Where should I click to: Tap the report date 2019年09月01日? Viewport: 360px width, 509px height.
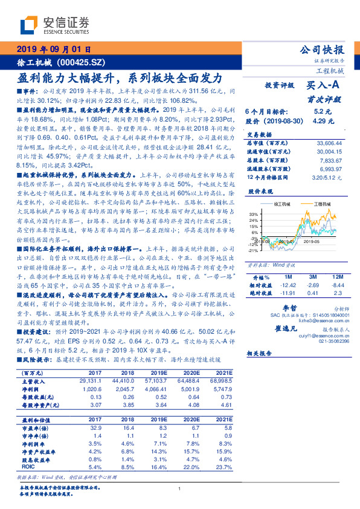[53, 50]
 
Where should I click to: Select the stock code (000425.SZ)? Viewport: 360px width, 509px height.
[84, 62]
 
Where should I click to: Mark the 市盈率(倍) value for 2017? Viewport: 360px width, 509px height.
[95, 428]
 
